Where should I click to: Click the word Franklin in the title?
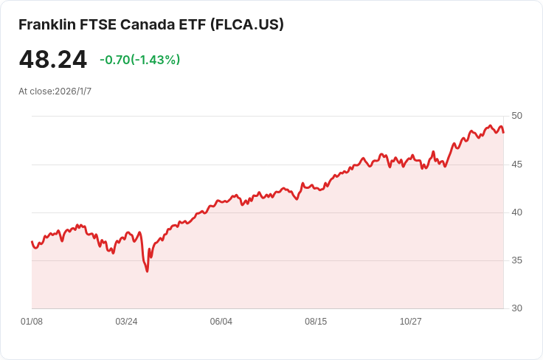pos(47,24)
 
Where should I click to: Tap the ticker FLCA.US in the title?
pos(247,24)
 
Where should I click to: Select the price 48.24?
pos(52,60)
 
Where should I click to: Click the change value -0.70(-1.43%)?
pos(140,60)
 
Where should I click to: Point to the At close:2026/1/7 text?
pos(55,91)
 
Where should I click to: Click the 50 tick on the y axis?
pos(516,116)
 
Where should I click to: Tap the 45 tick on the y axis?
pos(516,165)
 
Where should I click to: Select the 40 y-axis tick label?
pos(516,212)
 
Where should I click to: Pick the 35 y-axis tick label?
pos(516,260)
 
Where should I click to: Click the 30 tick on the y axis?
pos(516,308)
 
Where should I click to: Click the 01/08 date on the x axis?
pos(32,322)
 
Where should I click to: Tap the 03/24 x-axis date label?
pos(126,322)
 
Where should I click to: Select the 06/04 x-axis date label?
pos(221,322)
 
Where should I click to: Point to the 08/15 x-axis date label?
pos(316,322)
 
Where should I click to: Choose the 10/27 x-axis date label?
pos(411,322)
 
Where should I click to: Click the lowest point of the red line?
pos(147,271)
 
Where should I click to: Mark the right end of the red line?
pos(503,132)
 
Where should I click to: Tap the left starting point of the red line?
pos(32,242)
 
